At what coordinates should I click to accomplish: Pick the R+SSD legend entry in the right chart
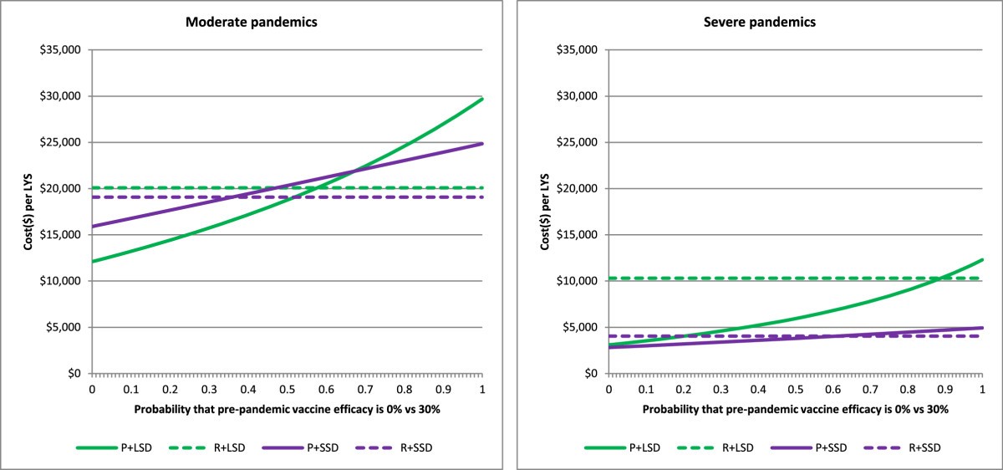click(x=934, y=447)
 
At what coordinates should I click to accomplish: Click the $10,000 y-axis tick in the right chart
click(x=579, y=281)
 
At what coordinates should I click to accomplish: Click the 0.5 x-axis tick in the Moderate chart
click(x=287, y=389)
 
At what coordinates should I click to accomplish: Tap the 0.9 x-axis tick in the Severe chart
click(x=944, y=389)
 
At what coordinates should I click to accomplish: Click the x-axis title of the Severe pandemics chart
click(x=796, y=410)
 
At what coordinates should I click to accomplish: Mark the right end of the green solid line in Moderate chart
click(x=482, y=99)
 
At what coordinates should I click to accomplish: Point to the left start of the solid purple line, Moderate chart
click(x=92, y=226)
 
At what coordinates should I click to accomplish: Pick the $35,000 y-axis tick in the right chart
click(x=579, y=50)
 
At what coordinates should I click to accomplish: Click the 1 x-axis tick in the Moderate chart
click(x=482, y=389)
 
